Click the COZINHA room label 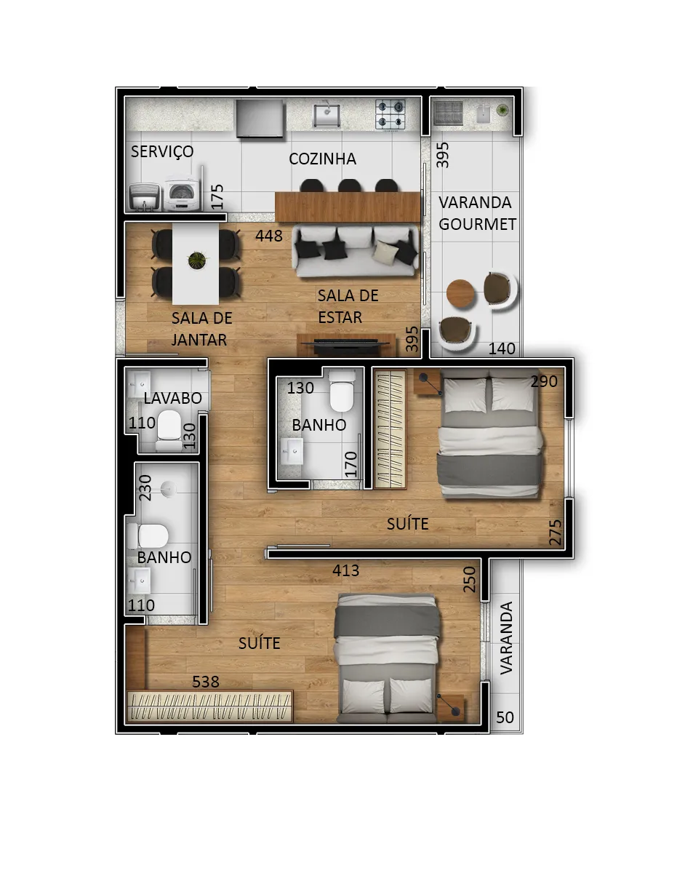click(322, 159)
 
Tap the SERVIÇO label click(162, 152)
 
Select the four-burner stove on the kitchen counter click(390, 114)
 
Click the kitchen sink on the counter click(327, 115)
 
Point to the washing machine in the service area click(183, 193)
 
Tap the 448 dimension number click(268, 236)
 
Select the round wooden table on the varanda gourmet click(460, 294)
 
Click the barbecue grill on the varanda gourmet click(449, 113)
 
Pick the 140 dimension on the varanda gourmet click(502, 348)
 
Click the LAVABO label click(172, 398)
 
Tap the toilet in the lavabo click(169, 431)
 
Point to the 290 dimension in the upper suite click(544, 382)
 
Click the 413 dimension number click(345, 570)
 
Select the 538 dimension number click(206, 682)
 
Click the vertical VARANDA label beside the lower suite click(506, 638)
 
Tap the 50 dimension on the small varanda click(505, 717)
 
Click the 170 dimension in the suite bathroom click(351, 464)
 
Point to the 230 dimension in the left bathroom click(145, 487)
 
